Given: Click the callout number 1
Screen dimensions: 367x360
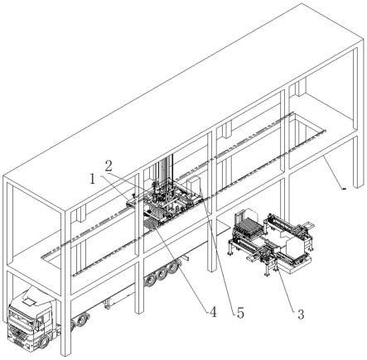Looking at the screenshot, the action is (93, 180).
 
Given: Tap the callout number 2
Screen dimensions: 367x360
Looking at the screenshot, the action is (109, 166).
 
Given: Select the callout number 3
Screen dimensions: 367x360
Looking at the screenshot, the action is (301, 314).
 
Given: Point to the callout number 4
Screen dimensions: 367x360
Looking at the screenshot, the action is (213, 312).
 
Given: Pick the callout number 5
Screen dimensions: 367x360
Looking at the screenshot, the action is (240, 313).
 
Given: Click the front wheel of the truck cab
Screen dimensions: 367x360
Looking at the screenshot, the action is (44, 342).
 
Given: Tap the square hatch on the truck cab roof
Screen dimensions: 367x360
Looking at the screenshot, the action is (29, 301).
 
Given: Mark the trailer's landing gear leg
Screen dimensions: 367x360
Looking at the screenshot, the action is (106, 305).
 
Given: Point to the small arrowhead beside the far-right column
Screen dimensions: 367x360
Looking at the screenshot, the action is (344, 189).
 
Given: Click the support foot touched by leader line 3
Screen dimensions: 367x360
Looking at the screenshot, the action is (276, 266).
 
